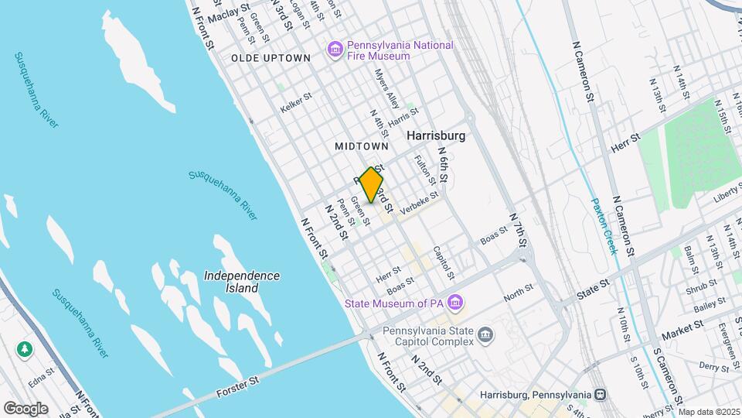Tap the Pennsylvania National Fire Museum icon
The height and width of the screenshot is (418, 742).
(x=335, y=50)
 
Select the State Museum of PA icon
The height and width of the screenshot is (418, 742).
(x=456, y=301)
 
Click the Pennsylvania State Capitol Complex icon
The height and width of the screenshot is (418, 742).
(x=485, y=334)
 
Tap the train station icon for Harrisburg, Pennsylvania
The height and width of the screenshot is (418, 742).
(x=599, y=394)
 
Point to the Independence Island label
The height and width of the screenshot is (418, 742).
(x=242, y=282)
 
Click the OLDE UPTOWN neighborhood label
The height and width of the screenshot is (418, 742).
(x=271, y=58)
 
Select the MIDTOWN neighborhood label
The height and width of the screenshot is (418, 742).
(x=361, y=146)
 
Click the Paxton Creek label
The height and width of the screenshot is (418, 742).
(x=603, y=225)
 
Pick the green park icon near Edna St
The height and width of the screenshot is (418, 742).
(x=25, y=349)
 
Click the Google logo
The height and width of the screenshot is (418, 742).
(x=26, y=408)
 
